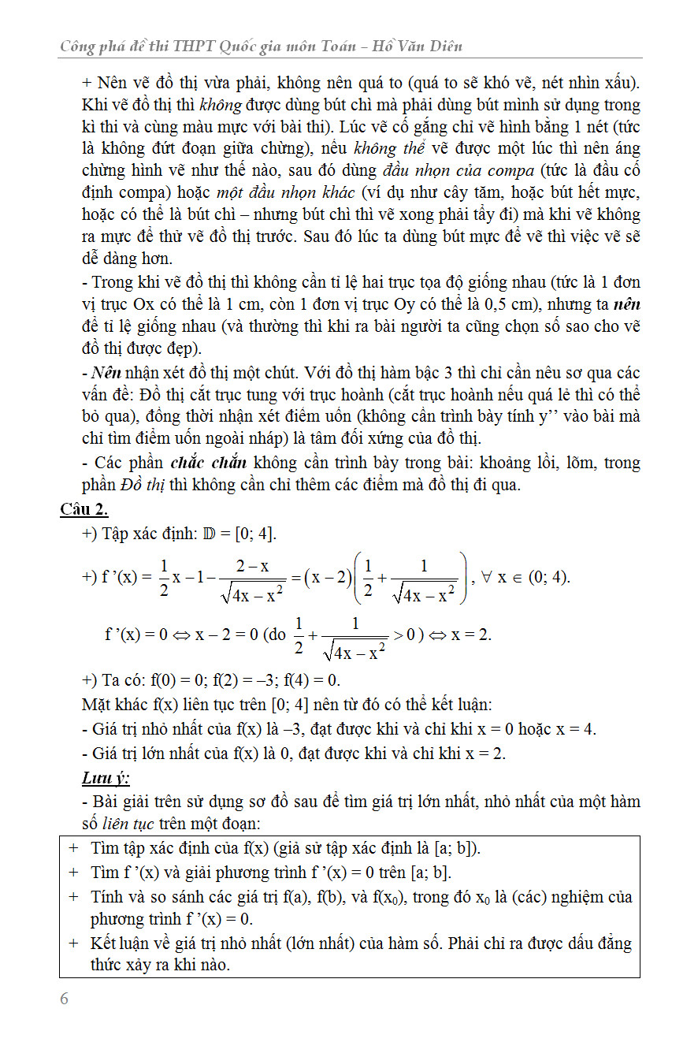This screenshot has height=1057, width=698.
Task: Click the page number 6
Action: point(65,999)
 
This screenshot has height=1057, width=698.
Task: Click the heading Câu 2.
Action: point(84,508)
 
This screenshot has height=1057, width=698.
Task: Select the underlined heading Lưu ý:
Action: point(106,779)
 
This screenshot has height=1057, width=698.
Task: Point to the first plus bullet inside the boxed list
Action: point(73,848)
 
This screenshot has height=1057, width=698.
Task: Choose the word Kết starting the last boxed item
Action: point(104,943)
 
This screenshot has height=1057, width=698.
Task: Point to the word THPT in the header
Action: point(190,47)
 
